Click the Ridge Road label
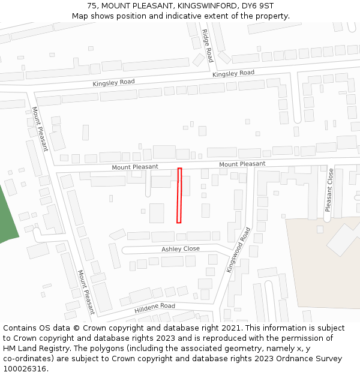click(207, 46)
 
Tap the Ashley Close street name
click(181, 249)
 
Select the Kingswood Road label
click(238, 250)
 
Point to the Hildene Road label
click(155, 306)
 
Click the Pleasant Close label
click(329, 190)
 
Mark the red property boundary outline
click(179, 196)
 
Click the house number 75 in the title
click(92, 5)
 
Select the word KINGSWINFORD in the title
click(204, 5)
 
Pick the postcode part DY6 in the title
click(248, 5)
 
